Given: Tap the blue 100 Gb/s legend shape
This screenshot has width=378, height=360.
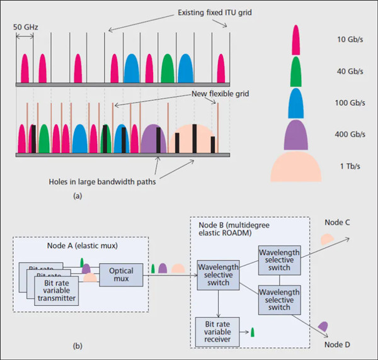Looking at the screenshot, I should (x=295, y=102).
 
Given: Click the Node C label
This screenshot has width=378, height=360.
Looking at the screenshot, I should (x=338, y=223).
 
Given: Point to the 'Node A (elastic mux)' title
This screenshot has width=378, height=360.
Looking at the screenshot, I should (x=81, y=245).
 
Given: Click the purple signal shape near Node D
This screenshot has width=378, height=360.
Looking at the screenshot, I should (x=323, y=326).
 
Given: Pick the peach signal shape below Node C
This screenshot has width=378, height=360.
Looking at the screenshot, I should (x=328, y=240).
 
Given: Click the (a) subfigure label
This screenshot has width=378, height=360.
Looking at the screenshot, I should (x=77, y=196).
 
